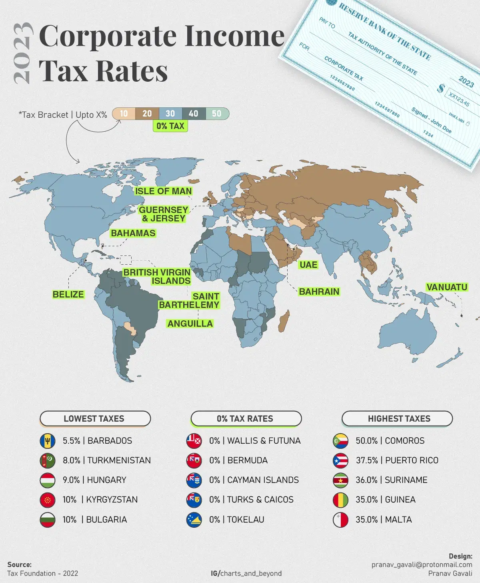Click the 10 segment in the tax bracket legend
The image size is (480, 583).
click(124, 114)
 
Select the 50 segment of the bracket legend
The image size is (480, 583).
click(217, 114)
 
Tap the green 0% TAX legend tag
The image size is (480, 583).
click(170, 126)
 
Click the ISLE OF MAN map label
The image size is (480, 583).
click(163, 191)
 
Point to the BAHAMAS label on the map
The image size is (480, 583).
click(133, 233)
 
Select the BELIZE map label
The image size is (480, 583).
click(68, 294)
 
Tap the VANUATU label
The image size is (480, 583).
click(447, 287)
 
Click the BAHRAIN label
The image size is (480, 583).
click(319, 291)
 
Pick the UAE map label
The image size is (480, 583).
click(308, 265)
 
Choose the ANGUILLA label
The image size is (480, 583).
click(190, 324)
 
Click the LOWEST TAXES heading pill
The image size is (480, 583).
click(95, 419)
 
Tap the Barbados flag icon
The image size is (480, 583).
click(48, 441)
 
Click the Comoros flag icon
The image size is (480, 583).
click(341, 441)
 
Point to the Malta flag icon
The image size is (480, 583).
click(341, 520)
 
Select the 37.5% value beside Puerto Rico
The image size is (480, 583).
click(367, 460)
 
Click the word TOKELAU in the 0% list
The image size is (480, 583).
click(246, 520)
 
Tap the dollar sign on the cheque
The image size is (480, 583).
click(441, 88)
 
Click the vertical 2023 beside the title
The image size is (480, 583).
click(22, 53)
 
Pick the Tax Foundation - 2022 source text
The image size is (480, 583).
click(43, 573)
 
